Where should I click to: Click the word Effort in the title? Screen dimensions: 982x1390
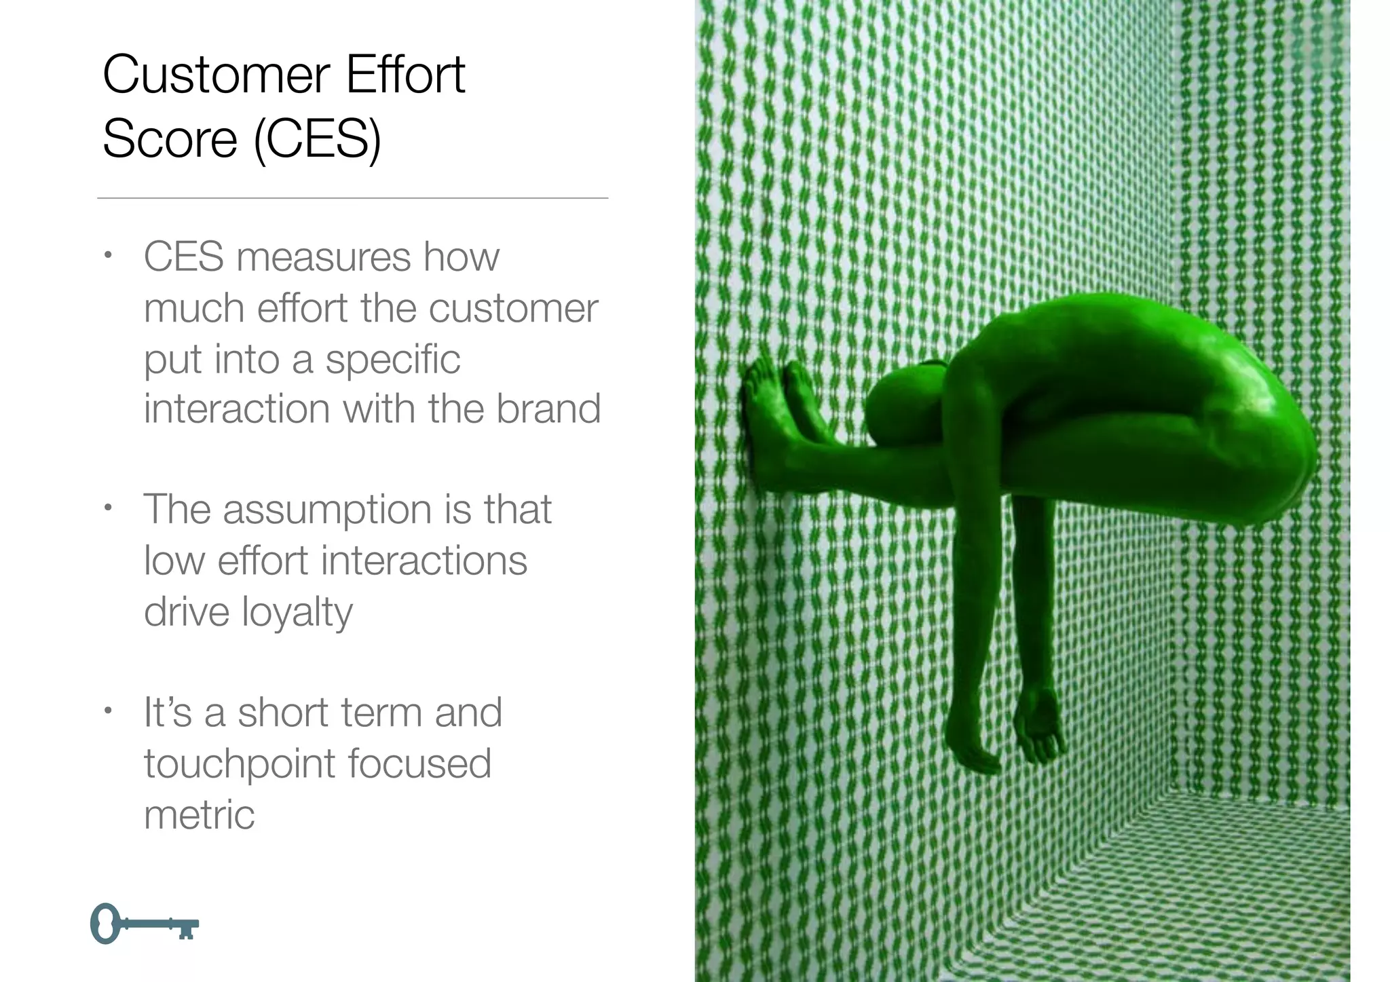[405, 75]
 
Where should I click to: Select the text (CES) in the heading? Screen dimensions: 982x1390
[317, 140]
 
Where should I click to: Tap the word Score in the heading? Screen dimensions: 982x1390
[170, 140]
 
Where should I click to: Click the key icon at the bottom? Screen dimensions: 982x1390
[144, 924]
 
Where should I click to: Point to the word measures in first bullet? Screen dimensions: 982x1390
[324, 258]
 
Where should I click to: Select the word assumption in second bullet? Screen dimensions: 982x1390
[328, 511]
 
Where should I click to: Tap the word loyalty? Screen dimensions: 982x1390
[297, 613]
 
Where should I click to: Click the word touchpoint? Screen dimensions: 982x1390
[240, 764]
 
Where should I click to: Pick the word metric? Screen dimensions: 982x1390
[199, 815]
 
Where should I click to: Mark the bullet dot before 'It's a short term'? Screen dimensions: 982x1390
[107, 712]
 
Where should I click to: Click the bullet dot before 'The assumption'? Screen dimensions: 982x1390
[107, 508]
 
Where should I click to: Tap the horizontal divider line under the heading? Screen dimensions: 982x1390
[352, 198]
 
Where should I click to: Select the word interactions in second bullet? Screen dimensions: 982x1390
[424, 562]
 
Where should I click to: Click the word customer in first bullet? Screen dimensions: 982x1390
[513, 309]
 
